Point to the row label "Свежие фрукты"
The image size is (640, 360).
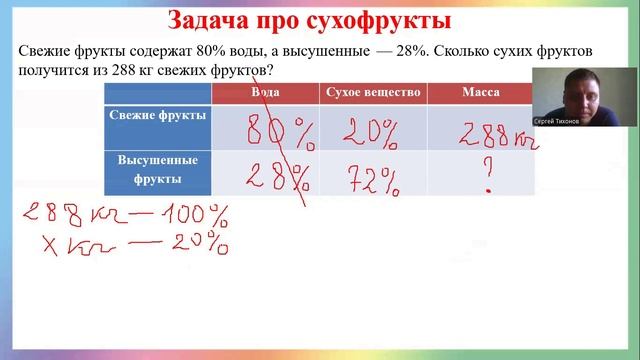point(157,116)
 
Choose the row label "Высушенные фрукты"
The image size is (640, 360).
point(157,170)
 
